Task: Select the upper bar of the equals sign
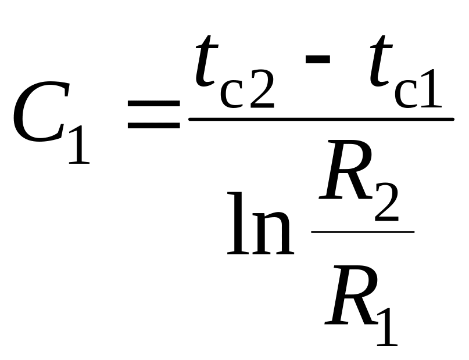tap(153, 105)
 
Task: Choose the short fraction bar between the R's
tap(363, 231)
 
